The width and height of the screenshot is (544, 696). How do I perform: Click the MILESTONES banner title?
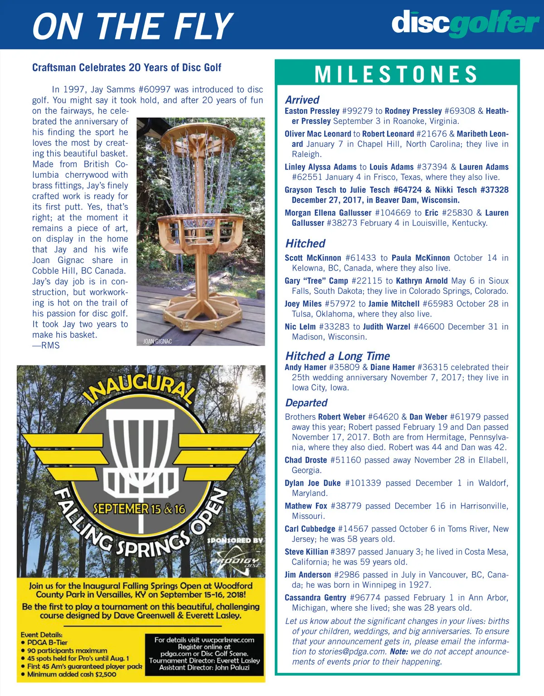[x=396, y=74]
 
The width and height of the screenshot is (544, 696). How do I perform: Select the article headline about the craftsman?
[x=126, y=68]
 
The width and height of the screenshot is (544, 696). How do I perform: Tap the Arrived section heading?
[x=302, y=100]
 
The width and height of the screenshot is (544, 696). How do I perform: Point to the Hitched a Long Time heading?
[x=337, y=356]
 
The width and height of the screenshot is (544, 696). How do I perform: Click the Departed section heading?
[x=306, y=403]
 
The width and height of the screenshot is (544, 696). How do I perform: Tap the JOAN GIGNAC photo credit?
[x=157, y=341]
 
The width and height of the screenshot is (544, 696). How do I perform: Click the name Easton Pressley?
[x=312, y=111]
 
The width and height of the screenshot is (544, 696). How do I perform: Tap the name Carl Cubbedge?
[x=310, y=529]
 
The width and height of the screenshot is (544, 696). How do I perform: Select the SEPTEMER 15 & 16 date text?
[x=139, y=509]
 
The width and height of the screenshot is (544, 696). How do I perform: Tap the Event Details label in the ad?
[x=41, y=635]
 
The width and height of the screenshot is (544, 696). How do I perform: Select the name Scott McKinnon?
[x=313, y=258]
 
